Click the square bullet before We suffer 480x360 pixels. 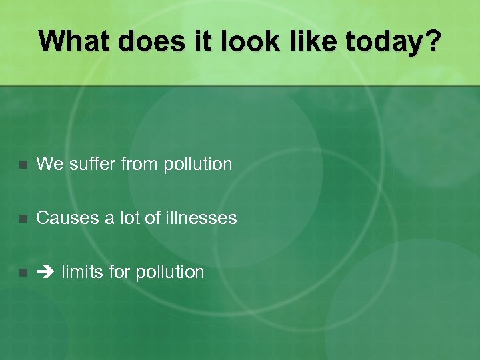[23, 165]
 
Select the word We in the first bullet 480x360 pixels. [47, 163]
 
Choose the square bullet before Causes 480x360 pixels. [23, 219]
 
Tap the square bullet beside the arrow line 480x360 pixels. [23, 273]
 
